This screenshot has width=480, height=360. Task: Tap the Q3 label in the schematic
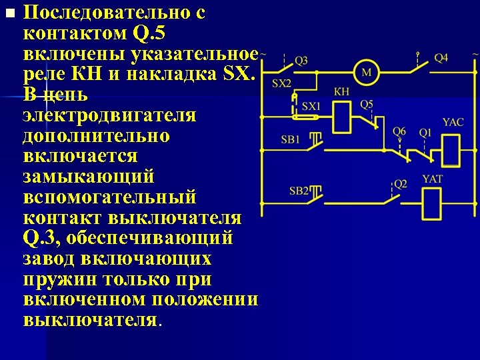click(x=301, y=60)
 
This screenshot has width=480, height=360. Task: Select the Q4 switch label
click(x=441, y=58)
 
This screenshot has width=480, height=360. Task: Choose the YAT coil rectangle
click(x=432, y=199)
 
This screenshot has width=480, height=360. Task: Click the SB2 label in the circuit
click(x=299, y=191)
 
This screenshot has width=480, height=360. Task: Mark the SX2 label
click(x=282, y=83)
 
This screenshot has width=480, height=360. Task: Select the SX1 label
click(x=311, y=106)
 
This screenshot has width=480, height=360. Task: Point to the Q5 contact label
click(x=367, y=104)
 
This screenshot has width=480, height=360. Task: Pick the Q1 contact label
click(x=425, y=132)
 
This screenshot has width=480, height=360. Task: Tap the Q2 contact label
click(x=400, y=183)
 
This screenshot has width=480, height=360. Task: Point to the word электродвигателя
click(x=109, y=117)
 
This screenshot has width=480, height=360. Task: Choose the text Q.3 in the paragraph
click(x=42, y=238)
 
